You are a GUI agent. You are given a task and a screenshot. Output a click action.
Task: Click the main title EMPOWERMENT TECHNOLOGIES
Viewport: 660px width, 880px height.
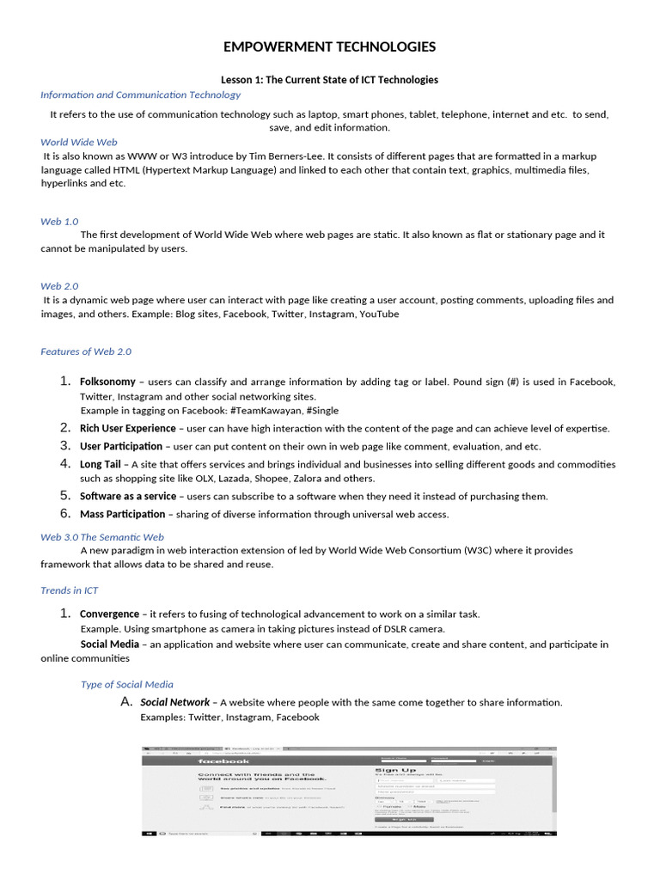[x=329, y=46]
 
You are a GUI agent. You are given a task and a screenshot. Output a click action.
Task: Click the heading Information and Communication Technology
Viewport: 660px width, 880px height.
[x=140, y=95]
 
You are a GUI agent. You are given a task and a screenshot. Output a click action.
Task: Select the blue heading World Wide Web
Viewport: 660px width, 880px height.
[x=79, y=142]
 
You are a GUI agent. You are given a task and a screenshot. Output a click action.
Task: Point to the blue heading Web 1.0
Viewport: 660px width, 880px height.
[x=59, y=221]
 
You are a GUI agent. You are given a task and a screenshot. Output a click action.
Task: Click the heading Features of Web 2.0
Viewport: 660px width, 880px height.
[x=86, y=351]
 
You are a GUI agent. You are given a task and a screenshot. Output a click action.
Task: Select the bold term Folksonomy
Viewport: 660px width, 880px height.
[x=107, y=382]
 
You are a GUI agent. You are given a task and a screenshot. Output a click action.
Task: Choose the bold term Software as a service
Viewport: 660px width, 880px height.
[x=127, y=496]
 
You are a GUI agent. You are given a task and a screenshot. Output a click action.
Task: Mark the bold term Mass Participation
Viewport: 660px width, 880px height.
[x=122, y=514]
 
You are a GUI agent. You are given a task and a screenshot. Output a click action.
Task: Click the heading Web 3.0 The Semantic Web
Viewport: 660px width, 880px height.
[x=102, y=536]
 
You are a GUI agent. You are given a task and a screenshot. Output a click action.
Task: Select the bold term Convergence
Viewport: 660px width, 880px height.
[x=109, y=614]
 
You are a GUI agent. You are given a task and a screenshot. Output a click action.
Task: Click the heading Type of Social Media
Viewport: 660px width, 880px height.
[x=126, y=684]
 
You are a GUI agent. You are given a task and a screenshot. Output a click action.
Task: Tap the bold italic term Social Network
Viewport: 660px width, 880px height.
[x=174, y=702]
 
